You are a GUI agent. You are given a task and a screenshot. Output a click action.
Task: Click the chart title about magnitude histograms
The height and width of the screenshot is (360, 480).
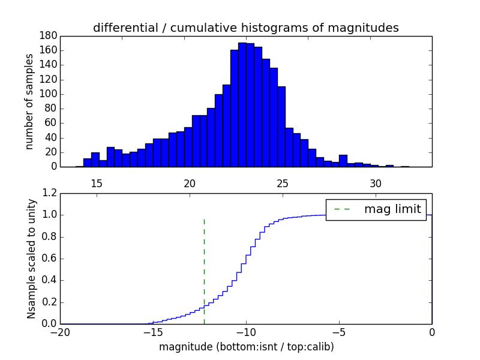coord(245,28)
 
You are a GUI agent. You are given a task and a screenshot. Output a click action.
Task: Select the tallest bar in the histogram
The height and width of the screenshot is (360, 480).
coord(242,105)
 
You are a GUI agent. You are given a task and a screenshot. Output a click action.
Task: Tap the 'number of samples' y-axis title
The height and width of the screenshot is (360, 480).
coord(29,101)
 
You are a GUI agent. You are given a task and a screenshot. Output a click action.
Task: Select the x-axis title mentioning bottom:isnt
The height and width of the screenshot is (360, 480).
coord(246,347)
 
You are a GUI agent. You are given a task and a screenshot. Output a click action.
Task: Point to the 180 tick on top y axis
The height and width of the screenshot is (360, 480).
coord(49,36)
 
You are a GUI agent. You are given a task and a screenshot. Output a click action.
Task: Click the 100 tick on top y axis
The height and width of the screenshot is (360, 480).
coord(49,94)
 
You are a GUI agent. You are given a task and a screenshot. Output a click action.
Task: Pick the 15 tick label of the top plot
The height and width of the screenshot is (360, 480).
coord(97,182)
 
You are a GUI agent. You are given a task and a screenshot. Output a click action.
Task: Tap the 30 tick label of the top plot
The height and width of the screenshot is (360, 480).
coord(376,182)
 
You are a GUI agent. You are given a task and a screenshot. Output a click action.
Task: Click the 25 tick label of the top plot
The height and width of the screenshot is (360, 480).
coord(283,182)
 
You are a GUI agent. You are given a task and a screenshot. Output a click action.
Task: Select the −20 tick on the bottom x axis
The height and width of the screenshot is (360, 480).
coord(60,332)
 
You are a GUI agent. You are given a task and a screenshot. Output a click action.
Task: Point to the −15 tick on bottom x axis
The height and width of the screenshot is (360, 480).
coord(152,332)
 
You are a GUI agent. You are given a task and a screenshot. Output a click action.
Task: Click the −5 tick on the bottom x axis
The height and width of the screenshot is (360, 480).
coord(339,332)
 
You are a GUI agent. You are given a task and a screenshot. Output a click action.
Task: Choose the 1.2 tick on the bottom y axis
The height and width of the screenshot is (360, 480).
coord(50,193)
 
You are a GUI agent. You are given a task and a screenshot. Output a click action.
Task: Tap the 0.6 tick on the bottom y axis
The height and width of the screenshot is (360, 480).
coord(50,259)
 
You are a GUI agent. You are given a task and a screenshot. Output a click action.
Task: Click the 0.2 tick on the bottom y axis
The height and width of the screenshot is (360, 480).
coord(50,302)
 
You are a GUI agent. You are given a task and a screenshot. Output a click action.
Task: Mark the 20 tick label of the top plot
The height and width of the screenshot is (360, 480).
coord(190,182)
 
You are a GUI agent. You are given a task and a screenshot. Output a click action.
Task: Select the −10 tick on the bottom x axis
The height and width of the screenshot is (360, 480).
coord(245,332)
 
